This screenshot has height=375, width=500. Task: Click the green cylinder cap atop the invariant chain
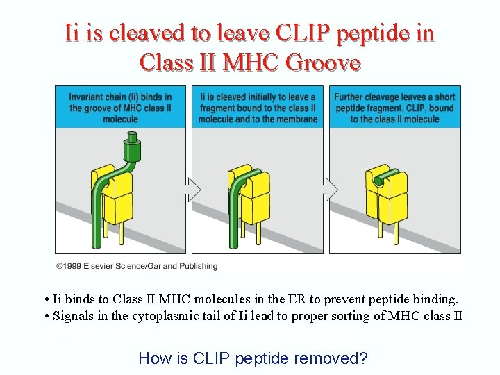click(x=131, y=147)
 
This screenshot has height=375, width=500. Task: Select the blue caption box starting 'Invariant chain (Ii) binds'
click(x=121, y=108)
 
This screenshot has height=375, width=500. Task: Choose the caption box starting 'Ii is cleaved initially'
click(x=258, y=108)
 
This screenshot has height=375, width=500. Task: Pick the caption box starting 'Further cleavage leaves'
click(x=394, y=108)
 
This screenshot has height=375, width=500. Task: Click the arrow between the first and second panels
click(x=192, y=189)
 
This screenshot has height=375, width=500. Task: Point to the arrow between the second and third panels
click(x=331, y=189)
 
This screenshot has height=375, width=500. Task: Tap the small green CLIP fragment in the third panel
click(x=378, y=181)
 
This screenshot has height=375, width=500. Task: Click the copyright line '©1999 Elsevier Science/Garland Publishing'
click(x=137, y=266)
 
